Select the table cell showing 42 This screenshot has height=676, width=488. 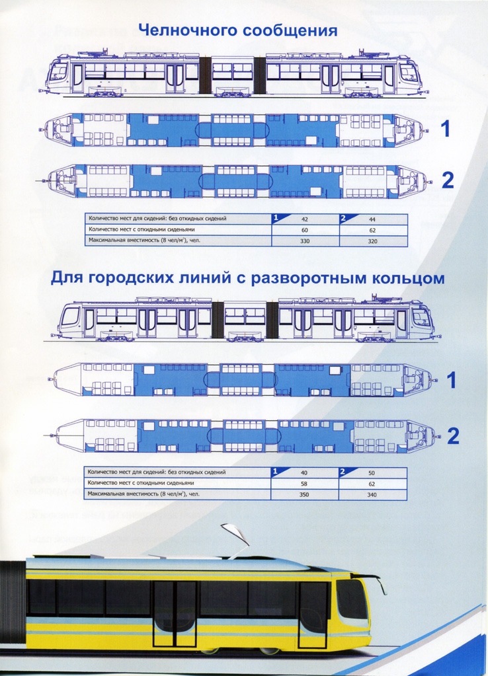click(305, 219)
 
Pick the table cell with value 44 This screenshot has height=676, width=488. click(373, 219)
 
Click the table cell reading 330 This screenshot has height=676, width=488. click(305, 241)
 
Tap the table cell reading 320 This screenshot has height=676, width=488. click(373, 241)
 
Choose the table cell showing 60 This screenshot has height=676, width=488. click(305, 230)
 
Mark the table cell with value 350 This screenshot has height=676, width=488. click(305, 494)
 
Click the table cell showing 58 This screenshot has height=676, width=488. click(305, 484)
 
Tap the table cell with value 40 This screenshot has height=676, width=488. click(305, 473)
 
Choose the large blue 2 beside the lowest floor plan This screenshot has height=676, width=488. click(453, 436)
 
